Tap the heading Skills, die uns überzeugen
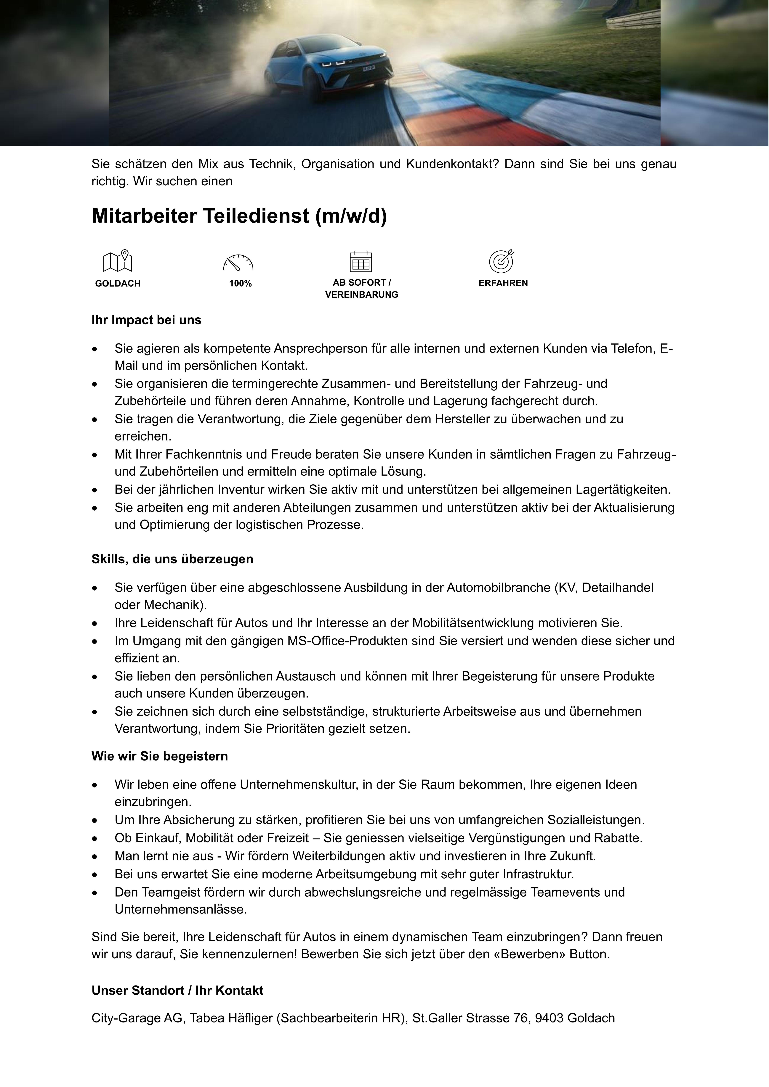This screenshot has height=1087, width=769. pyautogui.click(x=172, y=559)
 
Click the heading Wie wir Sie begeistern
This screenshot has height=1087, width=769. pyautogui.click(x=160, y=756)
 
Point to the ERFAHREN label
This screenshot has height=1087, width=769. pyautogui.click(x=503, y=283)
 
